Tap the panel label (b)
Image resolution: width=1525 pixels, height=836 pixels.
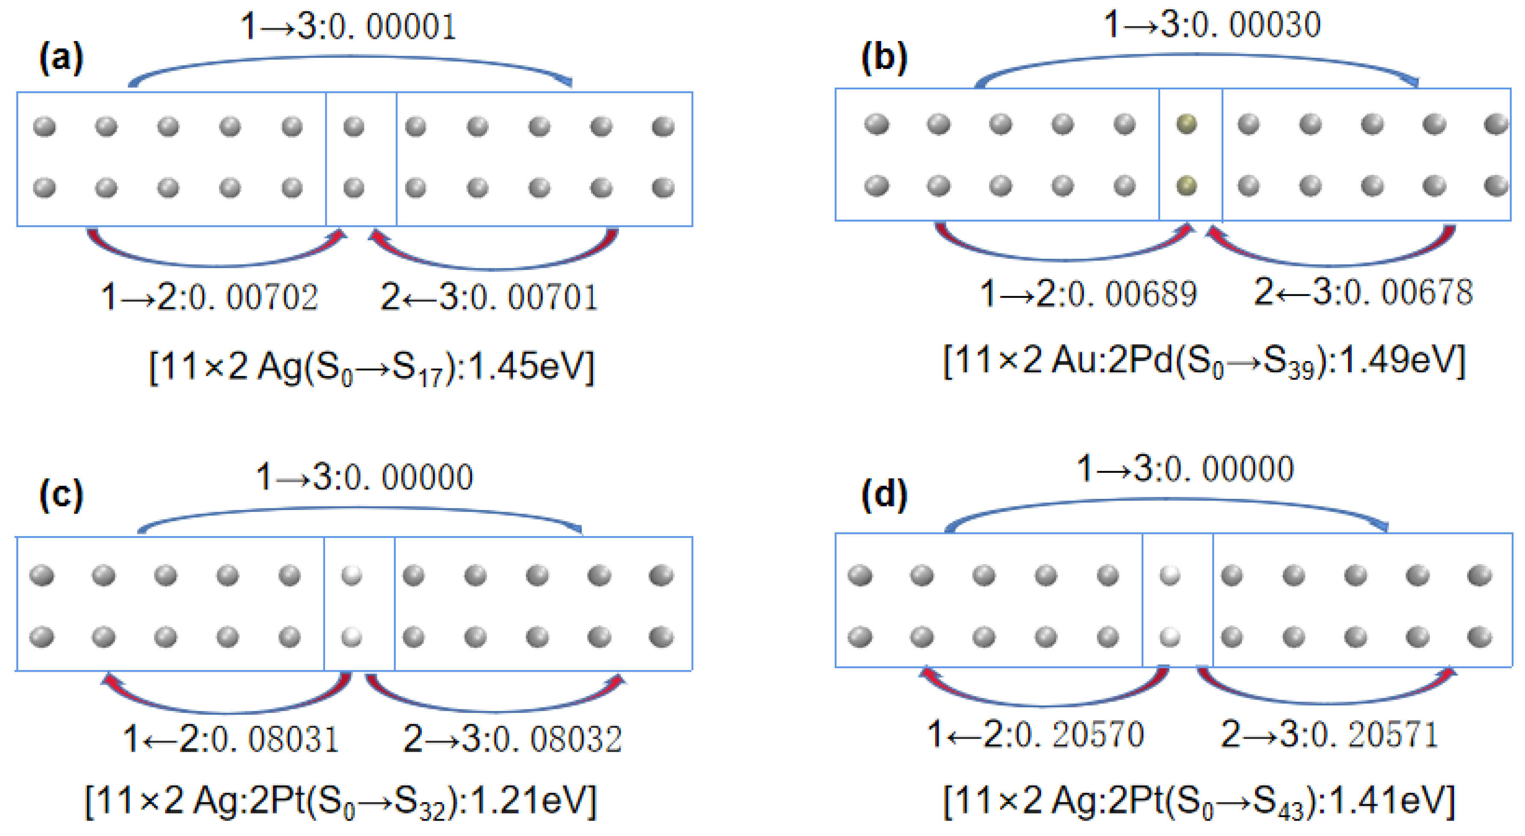point(884,58)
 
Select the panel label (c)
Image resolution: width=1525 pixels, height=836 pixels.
point(61,495)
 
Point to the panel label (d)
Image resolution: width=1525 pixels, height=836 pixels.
point(884,495)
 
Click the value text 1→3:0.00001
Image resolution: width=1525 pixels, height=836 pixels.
point(348,27)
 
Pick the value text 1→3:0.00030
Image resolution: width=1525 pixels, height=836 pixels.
point(1212,25)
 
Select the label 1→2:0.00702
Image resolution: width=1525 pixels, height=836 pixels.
point(210,296)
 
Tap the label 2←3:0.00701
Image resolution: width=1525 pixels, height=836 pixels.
point(489,296)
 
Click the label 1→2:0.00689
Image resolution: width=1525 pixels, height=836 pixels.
point(1088,293)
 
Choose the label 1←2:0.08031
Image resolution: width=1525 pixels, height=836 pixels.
point(231,739)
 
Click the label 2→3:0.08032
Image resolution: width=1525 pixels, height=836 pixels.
point(512,739)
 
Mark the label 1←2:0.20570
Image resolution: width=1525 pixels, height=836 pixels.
point(1035,735)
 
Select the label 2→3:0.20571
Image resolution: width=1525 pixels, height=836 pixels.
point(1329,735)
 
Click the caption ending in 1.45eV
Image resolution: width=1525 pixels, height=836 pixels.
point(371,368)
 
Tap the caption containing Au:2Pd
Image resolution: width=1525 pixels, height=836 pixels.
point(1204,361)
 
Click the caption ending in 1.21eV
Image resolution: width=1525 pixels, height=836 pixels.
point(341,802)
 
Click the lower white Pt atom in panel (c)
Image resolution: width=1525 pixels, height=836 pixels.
point(352,637)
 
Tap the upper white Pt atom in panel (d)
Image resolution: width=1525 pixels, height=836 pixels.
point(1170,575)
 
